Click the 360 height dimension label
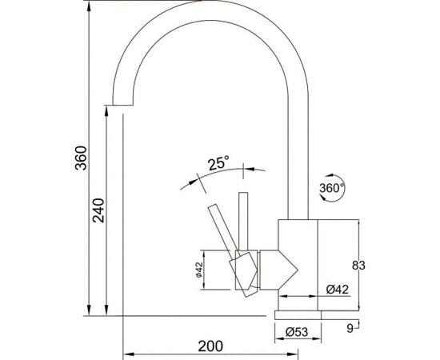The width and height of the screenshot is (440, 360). click(82, 158)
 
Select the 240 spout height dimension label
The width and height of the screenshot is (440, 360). click(98, 210)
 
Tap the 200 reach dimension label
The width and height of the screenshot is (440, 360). click(210, 346)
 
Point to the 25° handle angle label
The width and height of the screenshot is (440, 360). click(218, 163)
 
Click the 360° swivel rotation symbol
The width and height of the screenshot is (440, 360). click(332, 188)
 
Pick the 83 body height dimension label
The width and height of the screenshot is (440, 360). click(358, 265)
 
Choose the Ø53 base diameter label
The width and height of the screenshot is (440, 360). click(297, 332)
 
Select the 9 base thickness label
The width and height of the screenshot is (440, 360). click(350, 328)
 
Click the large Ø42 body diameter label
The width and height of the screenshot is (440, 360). click(338, 290)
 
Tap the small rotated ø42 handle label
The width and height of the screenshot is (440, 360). click(199, 270)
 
